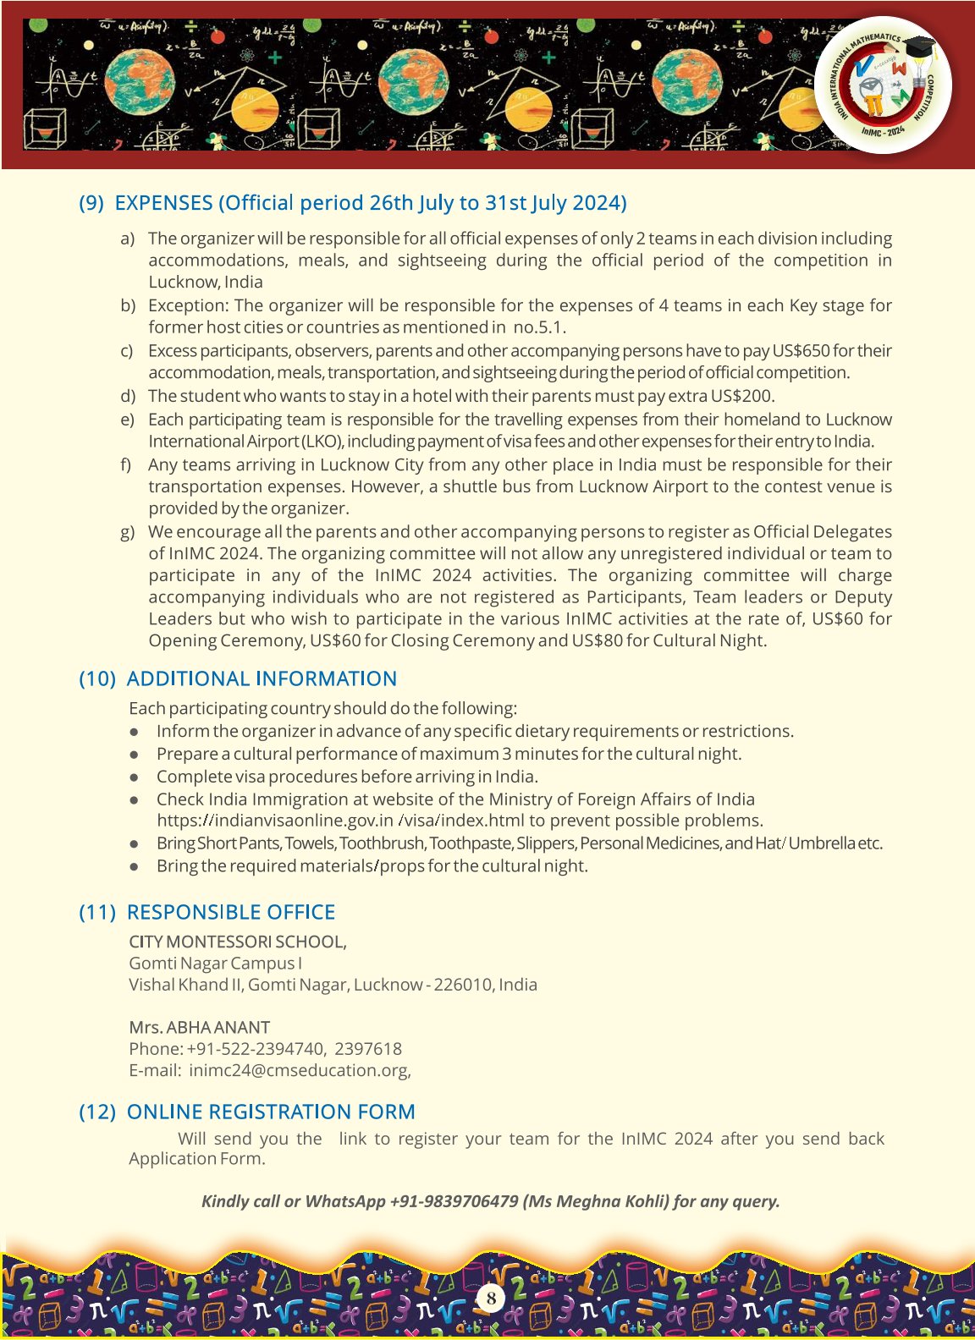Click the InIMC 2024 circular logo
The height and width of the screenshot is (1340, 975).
pyautogui.click(x=883, y=85)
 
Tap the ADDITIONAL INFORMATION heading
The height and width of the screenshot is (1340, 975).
pyautogui.click(x=262, y=678)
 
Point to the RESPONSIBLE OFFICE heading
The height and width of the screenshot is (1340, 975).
pyautogui.click(x=230, y=912)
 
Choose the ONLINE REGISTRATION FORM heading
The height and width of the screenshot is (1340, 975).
pyautogui.click(x=271, y=1112)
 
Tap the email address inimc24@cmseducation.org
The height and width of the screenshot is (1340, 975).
pyautogui.click(x=300, y=1070)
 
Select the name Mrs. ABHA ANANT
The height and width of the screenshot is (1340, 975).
pyautogui.click(x=199, y=1027)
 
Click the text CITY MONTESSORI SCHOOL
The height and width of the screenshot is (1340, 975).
pyautogui.click(x=237, y=942)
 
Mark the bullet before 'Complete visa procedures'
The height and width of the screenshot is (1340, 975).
pyautogui.click(x=134, y=777)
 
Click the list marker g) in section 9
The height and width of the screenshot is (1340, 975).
pyautogui.click(x=128, y=532)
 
